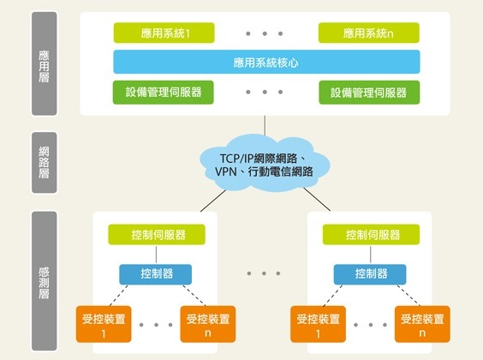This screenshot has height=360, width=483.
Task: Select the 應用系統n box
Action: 369,33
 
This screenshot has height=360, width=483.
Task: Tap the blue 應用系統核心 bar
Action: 266,62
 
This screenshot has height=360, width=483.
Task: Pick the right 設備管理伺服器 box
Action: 369,92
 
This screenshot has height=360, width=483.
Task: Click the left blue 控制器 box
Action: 155,273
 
